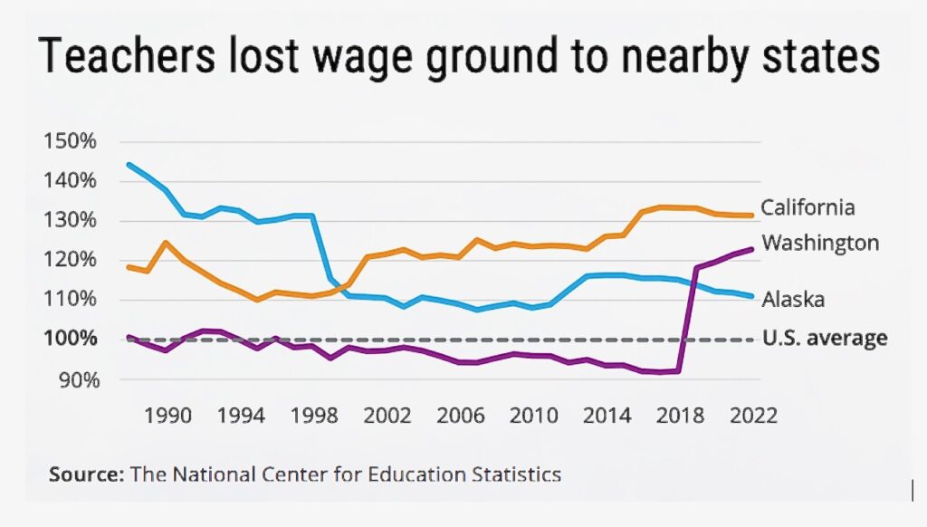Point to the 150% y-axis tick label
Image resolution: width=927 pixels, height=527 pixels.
click(x=69, y=142)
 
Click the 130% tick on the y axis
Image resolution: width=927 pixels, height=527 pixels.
click(x=69, y=221)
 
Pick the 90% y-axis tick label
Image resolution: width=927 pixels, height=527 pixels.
click(x=74, y=378)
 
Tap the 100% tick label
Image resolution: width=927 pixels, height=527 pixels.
click(x=69, y=340)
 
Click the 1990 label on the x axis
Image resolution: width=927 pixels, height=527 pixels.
click(x=169, y=416)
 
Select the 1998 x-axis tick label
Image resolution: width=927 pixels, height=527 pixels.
click(x=316, y=416)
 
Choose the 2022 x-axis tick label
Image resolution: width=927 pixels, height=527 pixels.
click(x=753, y=416)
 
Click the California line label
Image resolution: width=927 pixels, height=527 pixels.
click(x=808, y=207)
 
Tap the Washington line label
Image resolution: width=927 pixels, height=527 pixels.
click(x=820, y=243)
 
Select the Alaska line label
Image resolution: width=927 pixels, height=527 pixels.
click(x=792, y=299)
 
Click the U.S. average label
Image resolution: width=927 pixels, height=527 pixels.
click(x=824, y=339)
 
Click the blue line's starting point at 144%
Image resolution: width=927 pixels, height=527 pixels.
click(x=129, y=165)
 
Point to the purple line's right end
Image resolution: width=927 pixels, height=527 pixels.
click(x=751, y=249)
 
